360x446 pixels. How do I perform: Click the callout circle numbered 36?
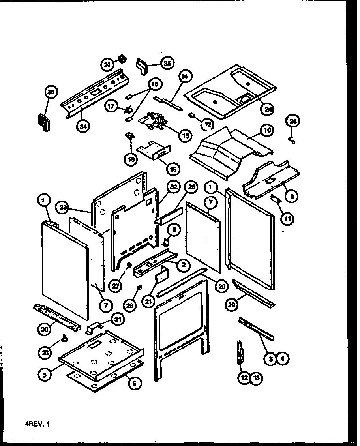coord(51,92)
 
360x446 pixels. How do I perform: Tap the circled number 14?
coord(186,77)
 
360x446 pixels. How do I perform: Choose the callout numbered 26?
coord(294,121)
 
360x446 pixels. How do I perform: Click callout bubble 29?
coord(232,304)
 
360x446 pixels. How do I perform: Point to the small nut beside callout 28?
coord(139,287)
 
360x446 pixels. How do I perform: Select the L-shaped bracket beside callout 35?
coord(142,65)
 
